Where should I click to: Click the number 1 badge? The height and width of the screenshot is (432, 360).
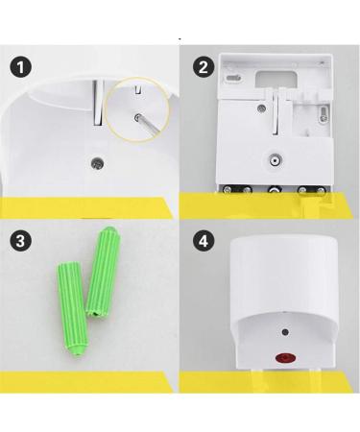[x=21, y=68]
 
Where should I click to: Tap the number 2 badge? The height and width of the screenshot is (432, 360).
[x=203, y=68]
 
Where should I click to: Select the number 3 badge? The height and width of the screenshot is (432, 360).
[x=21, y=241]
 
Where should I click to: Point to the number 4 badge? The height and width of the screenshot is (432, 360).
[x=203, y=241]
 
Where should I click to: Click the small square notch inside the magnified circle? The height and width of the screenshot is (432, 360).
[x=139, y=91]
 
